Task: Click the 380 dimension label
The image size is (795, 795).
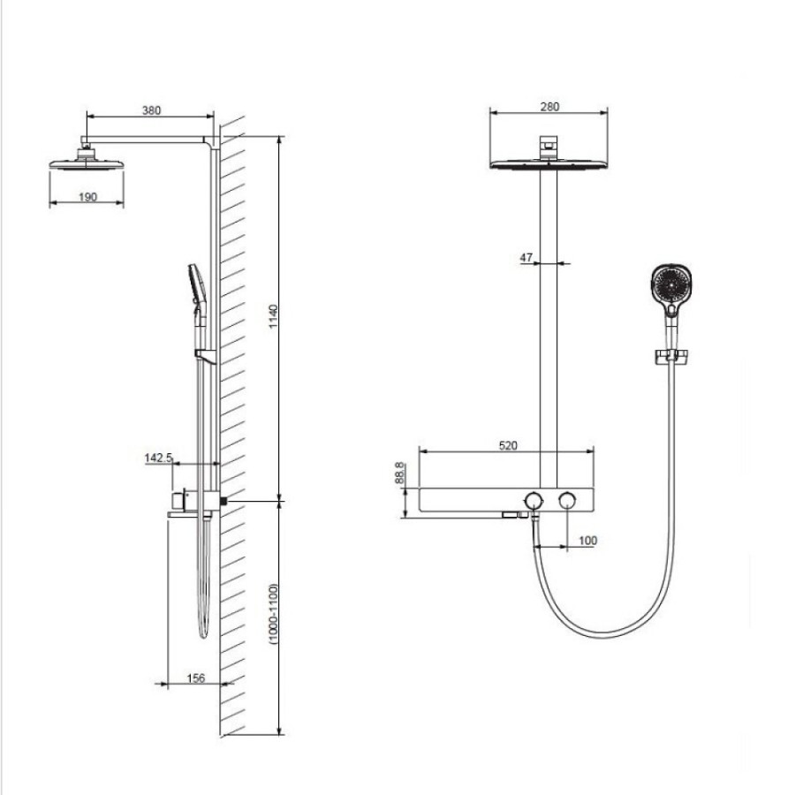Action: point(151,110)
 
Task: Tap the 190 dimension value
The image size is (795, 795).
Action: point(87,197)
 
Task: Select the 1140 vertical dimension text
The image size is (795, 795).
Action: point(273,316)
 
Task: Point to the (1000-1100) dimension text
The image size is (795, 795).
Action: point(274,614)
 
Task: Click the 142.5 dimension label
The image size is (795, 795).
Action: point(158,458)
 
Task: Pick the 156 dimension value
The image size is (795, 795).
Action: point(196,678)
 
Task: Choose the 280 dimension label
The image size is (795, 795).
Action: point(549,107)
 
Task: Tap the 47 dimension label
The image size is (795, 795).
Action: point(526,258)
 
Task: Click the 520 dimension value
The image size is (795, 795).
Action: point(508,445)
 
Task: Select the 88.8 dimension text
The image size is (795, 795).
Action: point(399,472)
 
